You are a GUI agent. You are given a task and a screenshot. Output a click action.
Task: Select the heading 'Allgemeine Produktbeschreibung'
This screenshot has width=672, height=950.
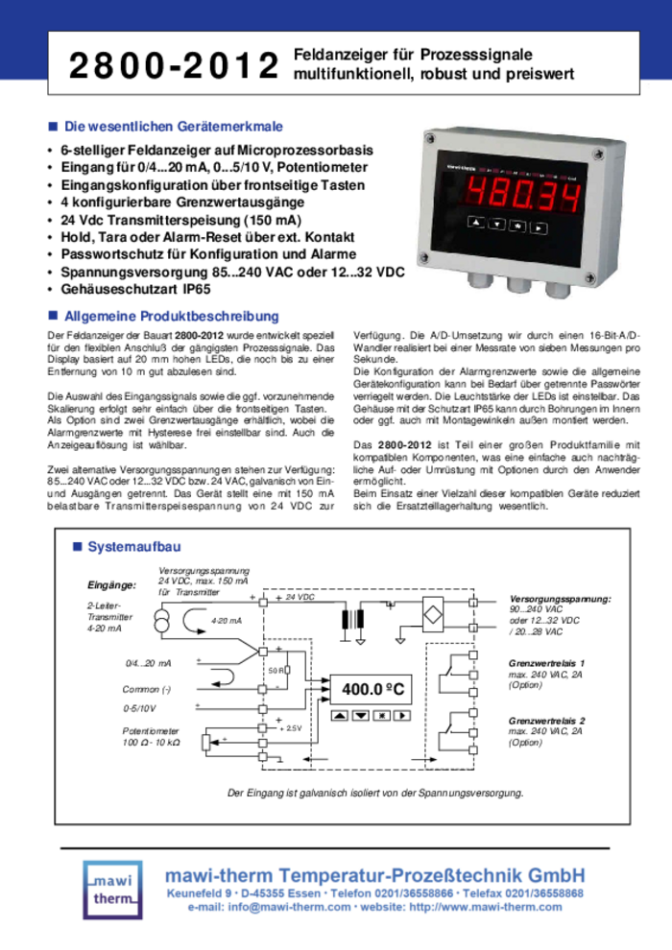tap(171, 316)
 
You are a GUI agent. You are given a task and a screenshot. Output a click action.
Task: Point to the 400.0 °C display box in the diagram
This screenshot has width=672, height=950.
tap(373, 689)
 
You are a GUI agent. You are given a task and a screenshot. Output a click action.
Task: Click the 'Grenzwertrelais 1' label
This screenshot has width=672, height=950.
tap(546, 663)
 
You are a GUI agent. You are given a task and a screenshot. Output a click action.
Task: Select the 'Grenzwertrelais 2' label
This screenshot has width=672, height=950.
tap(546, 720)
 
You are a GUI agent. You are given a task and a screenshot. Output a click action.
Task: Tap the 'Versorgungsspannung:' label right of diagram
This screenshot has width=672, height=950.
tap(560, 598)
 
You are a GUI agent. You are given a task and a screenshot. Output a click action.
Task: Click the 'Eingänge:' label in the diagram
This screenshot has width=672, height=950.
tap(112, 584)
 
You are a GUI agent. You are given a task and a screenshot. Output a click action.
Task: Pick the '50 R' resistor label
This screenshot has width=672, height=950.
tap(276, 671)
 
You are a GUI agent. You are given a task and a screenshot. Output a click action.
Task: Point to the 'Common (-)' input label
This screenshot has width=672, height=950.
tap(147, 689)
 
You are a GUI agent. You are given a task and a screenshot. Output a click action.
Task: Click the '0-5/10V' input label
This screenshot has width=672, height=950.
tap(140, 709)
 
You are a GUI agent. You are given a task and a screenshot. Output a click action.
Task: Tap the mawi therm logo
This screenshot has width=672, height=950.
tap(115, 885)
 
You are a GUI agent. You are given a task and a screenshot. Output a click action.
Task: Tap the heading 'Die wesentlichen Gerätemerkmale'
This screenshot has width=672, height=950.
tap(173, 127)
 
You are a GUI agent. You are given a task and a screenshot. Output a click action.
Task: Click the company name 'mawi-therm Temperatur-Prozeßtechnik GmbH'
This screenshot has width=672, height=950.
tap(374, 874)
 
